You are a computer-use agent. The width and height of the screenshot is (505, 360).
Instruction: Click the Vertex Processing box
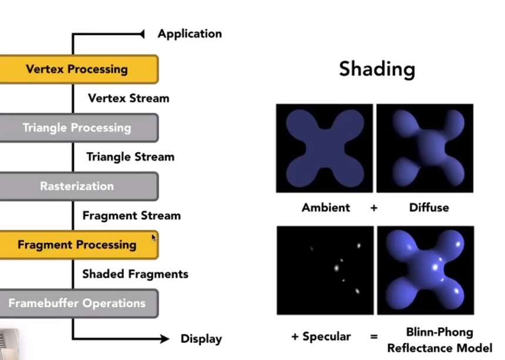click(77, 69)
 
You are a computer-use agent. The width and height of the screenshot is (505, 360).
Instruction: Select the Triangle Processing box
click(77, 127)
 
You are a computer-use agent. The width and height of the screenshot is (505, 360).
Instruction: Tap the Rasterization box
click(77, 186)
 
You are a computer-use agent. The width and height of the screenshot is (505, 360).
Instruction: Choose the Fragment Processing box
click(77, 245)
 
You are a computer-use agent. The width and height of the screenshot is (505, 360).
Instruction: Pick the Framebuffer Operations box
click(77, 303)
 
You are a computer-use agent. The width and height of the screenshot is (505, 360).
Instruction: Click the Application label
click(190, 33)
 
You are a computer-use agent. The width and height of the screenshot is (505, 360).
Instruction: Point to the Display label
click(201, 339)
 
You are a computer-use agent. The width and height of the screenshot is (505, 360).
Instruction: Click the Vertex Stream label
click(129, 98)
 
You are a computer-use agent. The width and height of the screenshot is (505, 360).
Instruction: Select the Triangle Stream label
click(130, 157)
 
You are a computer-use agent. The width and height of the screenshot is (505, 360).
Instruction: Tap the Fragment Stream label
click(132, 216)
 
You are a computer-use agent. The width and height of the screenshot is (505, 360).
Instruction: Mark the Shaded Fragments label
click(135, 274)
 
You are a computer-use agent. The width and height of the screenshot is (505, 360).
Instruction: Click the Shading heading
click(377, 69)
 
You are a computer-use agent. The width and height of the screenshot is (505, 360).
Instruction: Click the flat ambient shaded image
click(324, 148)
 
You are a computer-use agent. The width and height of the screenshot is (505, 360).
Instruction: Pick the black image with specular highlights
click(325, 270)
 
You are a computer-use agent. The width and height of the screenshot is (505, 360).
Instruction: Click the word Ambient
click(326, 207)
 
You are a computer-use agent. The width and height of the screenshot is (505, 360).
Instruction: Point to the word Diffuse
click(429, 207)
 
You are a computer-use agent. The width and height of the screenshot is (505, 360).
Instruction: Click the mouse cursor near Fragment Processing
click(154, 237)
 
